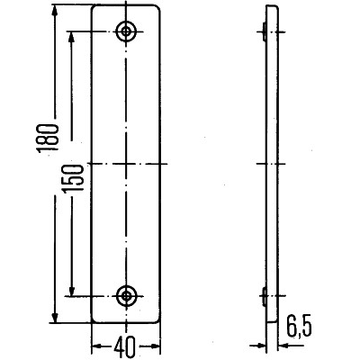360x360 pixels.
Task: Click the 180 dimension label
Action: tap(48, 138)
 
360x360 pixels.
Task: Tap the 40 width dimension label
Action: tap(126, 346)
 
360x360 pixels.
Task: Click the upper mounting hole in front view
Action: tap(126, 31)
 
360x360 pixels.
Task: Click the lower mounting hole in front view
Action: tap(126, 296)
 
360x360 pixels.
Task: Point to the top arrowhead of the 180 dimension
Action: tap(54, 11)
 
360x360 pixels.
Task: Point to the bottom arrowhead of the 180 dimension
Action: tap(55, 317)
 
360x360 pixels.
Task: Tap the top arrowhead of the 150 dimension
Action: tap(71, 37)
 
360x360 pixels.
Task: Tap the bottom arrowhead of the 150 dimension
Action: tap(72, 290)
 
